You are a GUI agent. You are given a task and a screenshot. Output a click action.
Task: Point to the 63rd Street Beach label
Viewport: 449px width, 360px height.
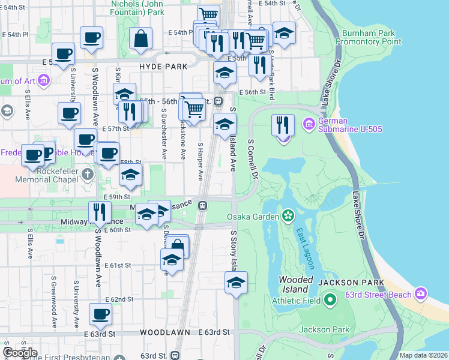pyautogui.click(x=378, y=295)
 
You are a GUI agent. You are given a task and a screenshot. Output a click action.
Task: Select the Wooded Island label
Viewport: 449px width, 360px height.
pyautogui.click(x=295, y=284)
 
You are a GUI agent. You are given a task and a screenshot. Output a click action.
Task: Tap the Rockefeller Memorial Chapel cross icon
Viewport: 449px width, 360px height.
pyautogui.click(x=88, y=174)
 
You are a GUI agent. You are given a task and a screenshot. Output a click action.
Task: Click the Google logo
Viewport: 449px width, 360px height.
pyautogui.click(x=20, y=353)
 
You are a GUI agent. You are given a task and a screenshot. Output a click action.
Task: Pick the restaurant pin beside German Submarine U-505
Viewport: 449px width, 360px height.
pyautogui.click(x=283, y=125)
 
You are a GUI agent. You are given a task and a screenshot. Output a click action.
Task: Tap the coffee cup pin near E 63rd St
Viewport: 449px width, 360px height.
pyautogui.click(x=100, y=313)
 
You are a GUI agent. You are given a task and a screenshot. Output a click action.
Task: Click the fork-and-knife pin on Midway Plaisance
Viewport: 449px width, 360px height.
pyautogui.click(x=99, y=212)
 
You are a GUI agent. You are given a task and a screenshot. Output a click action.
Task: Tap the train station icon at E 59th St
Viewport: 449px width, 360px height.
pyautogui.click(x=203, y=205)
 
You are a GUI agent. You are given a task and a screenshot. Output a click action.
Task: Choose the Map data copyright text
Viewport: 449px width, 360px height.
pyautogui.click(x=423, y=355)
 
